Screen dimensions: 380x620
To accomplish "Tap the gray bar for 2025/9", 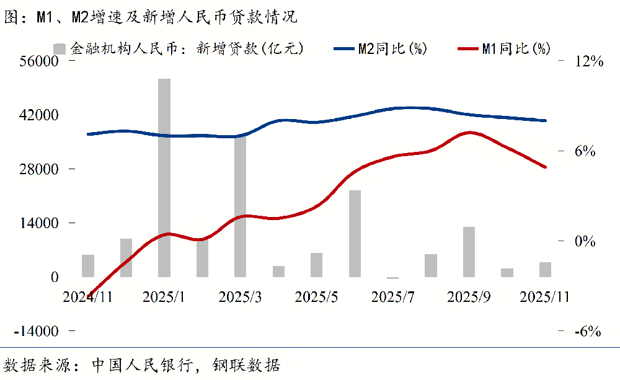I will tap(469, 252).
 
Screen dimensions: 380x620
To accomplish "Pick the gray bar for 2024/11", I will tap(88, 265).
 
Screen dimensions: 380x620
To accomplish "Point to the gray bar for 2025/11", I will tap(545, 270).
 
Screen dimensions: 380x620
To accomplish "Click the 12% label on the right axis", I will tap(588, 61).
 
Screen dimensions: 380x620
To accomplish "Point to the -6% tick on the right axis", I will tap(588, 331).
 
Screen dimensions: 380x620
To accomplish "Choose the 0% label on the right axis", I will tap(588, 241).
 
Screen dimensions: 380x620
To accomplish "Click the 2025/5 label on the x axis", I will tap(316, 297).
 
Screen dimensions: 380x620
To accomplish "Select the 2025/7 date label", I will tap(392, 297).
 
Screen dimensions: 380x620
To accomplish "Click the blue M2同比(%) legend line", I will tap(343, 48).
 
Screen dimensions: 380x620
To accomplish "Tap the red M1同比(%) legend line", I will tap(467, 48).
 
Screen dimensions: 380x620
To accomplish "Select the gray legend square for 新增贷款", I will tap(60, 48).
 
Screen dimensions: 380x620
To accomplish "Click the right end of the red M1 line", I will tap(546, 167).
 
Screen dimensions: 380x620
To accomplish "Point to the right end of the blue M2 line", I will tap(546, 121).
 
